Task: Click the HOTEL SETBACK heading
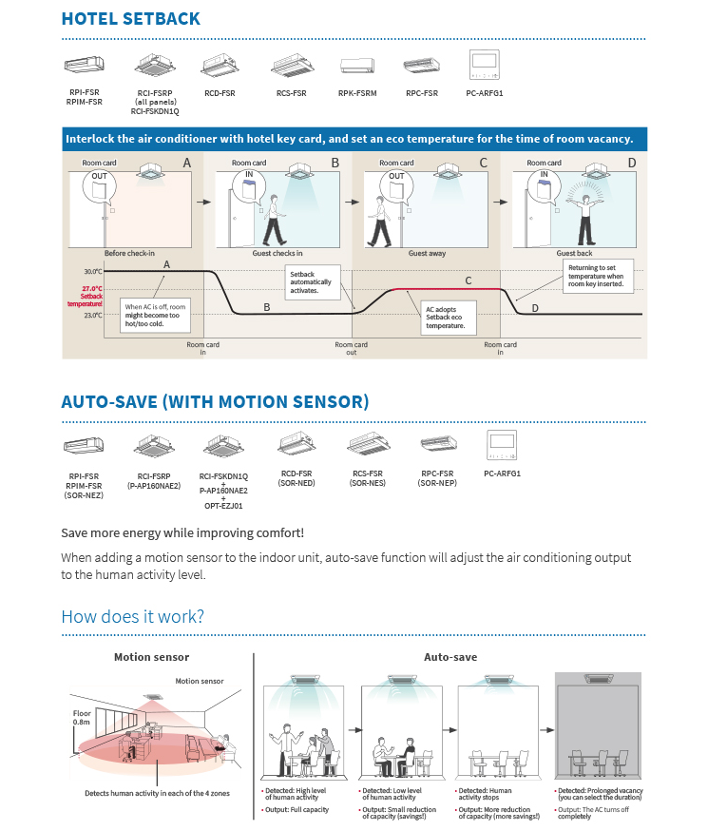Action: pos(130,18)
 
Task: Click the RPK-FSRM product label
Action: pos(357,93)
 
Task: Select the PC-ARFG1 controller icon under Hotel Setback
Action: pos(485,64)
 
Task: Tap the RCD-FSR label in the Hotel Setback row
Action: pos(220,93)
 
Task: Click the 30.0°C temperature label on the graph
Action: pos(92,272)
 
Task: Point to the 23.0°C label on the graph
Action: pos(92,315)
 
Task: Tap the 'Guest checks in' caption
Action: pos(277,254)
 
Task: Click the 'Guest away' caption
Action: pos(427,254)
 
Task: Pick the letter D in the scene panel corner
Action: pos(632,164)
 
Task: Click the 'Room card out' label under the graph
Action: pos(351,349)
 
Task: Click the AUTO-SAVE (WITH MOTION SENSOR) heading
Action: pos(215,402)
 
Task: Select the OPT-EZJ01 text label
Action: pos(223,506)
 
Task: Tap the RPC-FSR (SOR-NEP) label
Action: pos(438,478)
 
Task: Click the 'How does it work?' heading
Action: pos(132,616)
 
